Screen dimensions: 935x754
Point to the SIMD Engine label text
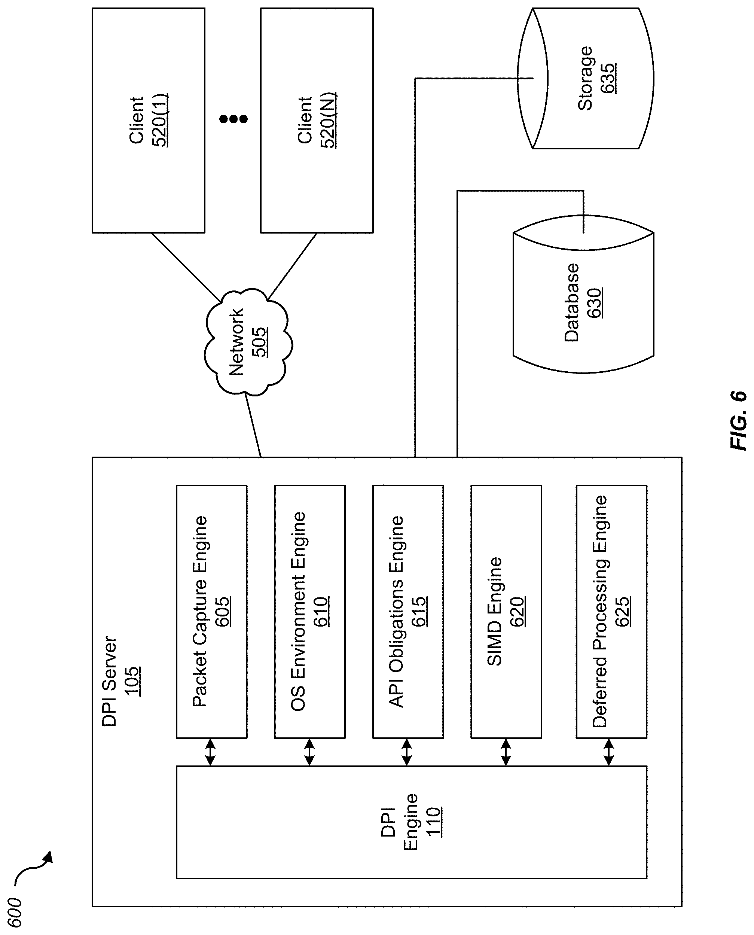tap(495, 611)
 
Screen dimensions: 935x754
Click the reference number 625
tap(623, 611)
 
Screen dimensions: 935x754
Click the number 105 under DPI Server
tap(132, 681)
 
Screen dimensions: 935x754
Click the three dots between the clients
tap(233, 119)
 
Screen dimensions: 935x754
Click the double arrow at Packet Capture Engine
tap(210, 752)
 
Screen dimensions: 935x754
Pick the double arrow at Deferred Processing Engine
tap(609, 752)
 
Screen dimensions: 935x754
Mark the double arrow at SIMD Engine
tap(506, 752)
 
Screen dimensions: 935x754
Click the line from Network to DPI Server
tap(253, 426)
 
